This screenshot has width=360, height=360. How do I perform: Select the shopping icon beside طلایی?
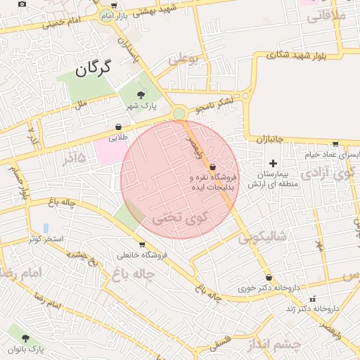pyautogui.click(x=118, y=127)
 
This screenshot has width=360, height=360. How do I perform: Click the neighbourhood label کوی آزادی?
pyautogui.click(x=329, y=173)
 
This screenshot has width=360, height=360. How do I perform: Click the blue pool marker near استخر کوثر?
pyautogui.click(x=46, y=229)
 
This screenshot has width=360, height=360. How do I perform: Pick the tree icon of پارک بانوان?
pyautogui.click(x=26, y=338)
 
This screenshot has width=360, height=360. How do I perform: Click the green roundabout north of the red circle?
pyautogui.click(x=179, y=113)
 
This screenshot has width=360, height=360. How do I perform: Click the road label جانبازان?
pyautogui.click(x=269, y=139)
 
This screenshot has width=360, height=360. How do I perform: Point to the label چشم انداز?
pyautogui.click(x=274, y=345)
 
